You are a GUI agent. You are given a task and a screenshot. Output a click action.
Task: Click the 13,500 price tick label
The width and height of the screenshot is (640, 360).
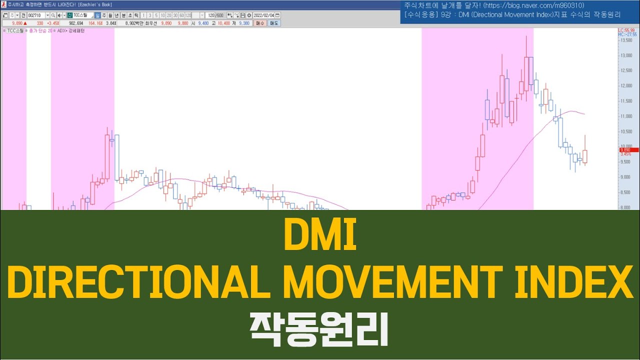[x=625, y=40]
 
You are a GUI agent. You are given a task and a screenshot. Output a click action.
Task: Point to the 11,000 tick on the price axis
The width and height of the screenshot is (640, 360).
[x=625, y=116]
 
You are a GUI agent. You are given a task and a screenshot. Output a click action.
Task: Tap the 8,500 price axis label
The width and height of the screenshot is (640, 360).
[x=625, y=192]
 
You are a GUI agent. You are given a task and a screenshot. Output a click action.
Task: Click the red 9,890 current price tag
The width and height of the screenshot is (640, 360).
[x=628, y=149]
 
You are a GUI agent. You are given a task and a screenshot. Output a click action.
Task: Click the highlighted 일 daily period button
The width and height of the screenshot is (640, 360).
[x=98, y=15]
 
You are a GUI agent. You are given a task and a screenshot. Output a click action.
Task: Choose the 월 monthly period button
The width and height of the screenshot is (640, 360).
[x=110, y=15]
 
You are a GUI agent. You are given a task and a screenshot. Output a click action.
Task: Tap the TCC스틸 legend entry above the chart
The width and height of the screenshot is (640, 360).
[x=16, y=31]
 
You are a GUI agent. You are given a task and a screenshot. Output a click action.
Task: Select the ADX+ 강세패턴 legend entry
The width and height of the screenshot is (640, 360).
[x=70, y=31]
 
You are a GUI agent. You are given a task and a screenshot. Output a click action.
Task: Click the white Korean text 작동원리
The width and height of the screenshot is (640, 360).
[x=319, y=330]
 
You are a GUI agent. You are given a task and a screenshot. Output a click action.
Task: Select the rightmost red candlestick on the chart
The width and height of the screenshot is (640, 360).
[x=585, y=156]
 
